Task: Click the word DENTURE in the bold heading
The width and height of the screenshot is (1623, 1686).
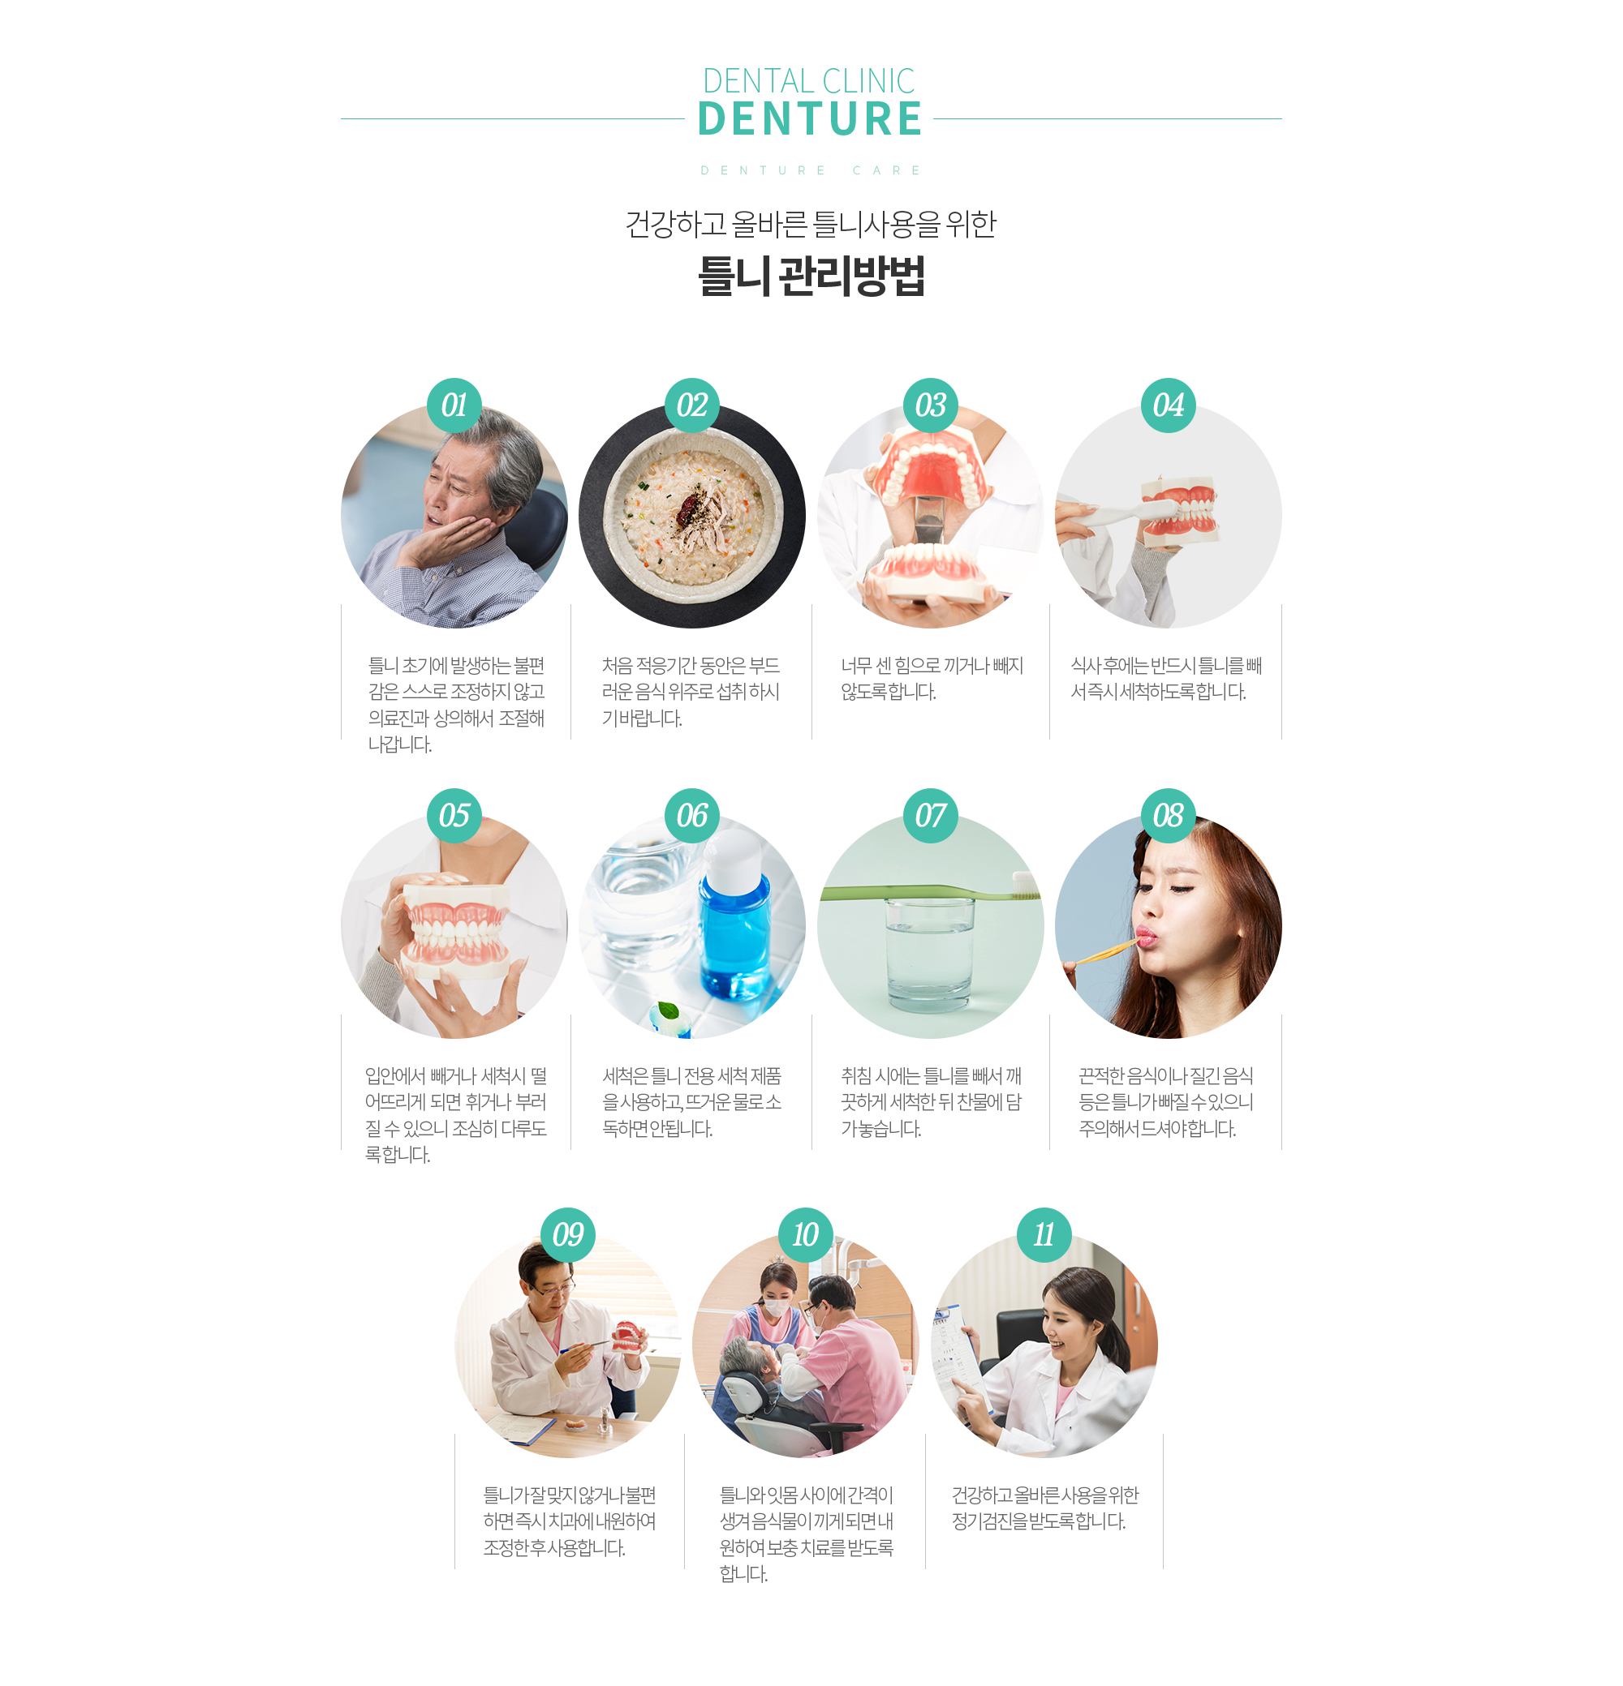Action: (810, 118)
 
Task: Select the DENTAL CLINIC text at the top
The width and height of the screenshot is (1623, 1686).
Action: (809, 81)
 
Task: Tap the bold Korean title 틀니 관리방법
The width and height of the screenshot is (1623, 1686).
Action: (811, 276)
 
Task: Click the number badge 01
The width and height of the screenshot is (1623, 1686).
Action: (454, 405)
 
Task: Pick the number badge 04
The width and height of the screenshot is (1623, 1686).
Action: (1168, 405)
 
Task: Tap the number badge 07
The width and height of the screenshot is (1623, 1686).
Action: (930, 816)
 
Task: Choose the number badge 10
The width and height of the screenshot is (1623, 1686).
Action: (806, 1234)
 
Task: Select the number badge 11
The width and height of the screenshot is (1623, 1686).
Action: (1044, 1234)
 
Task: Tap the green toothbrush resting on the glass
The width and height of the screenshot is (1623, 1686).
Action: (930, 890)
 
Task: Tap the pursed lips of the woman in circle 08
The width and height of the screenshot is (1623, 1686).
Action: (1144, 935)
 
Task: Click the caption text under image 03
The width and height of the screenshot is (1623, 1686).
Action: (931, 678)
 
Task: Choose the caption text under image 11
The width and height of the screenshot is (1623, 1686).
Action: (1044, 1508)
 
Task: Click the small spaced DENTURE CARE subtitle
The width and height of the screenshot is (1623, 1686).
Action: (810, 170)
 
